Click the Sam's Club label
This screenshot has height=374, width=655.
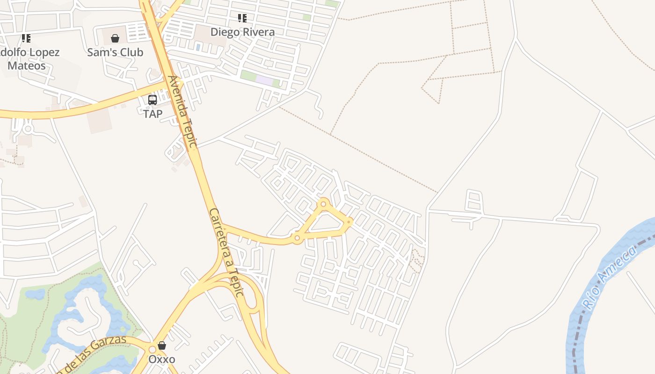[x=115, y=52]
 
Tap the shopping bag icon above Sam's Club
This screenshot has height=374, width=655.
[x=115, y=38]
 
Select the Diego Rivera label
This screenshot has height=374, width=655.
[x=242, y=32]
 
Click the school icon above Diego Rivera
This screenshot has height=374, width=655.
[x=242, y=18]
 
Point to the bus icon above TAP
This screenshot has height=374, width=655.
[x=153, y=100]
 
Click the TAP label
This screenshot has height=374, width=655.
[x=153, y=114]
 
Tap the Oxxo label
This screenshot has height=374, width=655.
[x=162, y=359]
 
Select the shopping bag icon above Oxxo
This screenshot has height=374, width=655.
[x=162, y=345]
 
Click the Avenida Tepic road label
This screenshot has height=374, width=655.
[x=183, y=112]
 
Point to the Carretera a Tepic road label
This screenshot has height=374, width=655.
[x=226, y=252]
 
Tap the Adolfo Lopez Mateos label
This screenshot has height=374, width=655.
[x=28, y=59]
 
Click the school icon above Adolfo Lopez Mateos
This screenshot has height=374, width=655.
[x=26, y=38]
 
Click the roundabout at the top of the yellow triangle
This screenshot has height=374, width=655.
[x=323, y=204]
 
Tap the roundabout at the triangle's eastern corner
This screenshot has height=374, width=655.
[x=349, y=221]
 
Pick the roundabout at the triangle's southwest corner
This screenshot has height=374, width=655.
[x=297, y=238]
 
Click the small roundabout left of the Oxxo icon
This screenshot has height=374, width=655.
[x=152, y=350]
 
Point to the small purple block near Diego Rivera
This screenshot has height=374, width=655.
[x=264, y=80]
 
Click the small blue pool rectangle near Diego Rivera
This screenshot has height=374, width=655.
[x=198, y=47]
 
